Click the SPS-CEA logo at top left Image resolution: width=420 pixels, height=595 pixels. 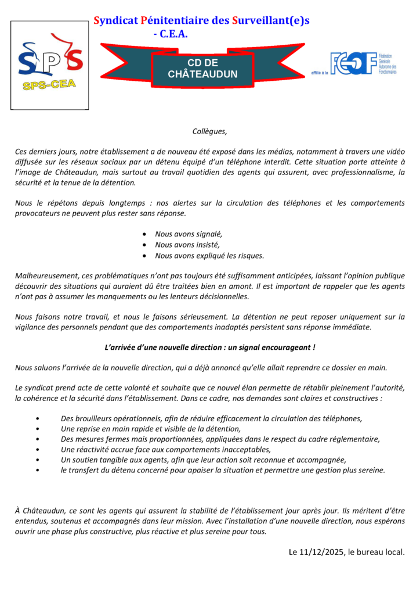click(50, 64)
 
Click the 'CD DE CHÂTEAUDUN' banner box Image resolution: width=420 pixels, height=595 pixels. click(202, 69)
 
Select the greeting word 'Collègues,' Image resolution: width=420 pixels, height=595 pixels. click(209, 132)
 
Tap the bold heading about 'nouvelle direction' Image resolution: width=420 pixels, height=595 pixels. click(209, 347)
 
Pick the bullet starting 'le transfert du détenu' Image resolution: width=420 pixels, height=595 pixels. click(223, 470)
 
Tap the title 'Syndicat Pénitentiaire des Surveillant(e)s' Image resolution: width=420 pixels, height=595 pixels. click(201, 20)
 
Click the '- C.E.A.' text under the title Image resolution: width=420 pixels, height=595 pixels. click(171, 34)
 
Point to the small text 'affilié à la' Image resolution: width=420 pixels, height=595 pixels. click(320, 73)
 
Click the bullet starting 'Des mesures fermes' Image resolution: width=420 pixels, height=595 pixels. click(220, 439)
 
